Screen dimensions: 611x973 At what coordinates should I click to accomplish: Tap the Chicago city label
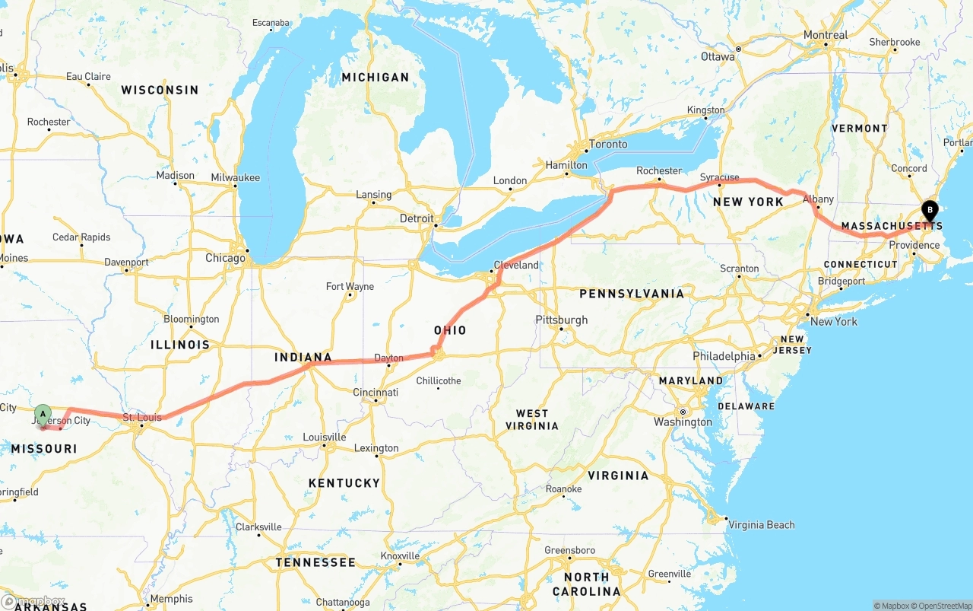pyautogui.click(x=226, y=258)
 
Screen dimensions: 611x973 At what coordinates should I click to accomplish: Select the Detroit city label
pyautogui.click(x=417, y=218)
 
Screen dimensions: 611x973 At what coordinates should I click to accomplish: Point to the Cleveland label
pyautogui.click(x=516, y=266)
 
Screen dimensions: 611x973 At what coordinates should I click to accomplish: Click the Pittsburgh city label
pyautogui.click(x=562, y=320)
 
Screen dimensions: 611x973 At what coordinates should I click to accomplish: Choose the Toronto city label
pyautogui.click(x=608, y=144)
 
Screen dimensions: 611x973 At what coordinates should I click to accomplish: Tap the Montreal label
pyautogui.click(x=826, y=35)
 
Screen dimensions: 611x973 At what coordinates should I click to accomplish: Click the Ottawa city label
pyautogui.click(x=718, y=56)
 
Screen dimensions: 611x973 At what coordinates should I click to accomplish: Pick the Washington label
pyautogui.click(x=683, y=422)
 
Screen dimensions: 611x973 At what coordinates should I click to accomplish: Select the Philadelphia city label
pyautogui.click(x=724, y=356)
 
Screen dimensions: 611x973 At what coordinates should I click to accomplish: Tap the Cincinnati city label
pyautogui.click(x=376, y=393)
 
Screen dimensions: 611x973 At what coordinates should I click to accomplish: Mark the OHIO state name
pyautogui.click(x=450, y=330)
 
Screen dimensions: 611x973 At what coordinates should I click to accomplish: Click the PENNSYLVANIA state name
pyautogui.click(x=632, y=293)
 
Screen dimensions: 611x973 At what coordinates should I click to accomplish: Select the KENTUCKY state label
pyautogui.click(x=344, y=482)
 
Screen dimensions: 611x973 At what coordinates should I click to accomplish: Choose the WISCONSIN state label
pyautogui.click(x=160, y=90)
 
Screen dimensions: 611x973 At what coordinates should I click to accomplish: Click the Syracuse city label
pyautogui.click(x=720, y=177)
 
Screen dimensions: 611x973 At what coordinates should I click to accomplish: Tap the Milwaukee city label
pyautogui.click(x=235, y=177)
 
